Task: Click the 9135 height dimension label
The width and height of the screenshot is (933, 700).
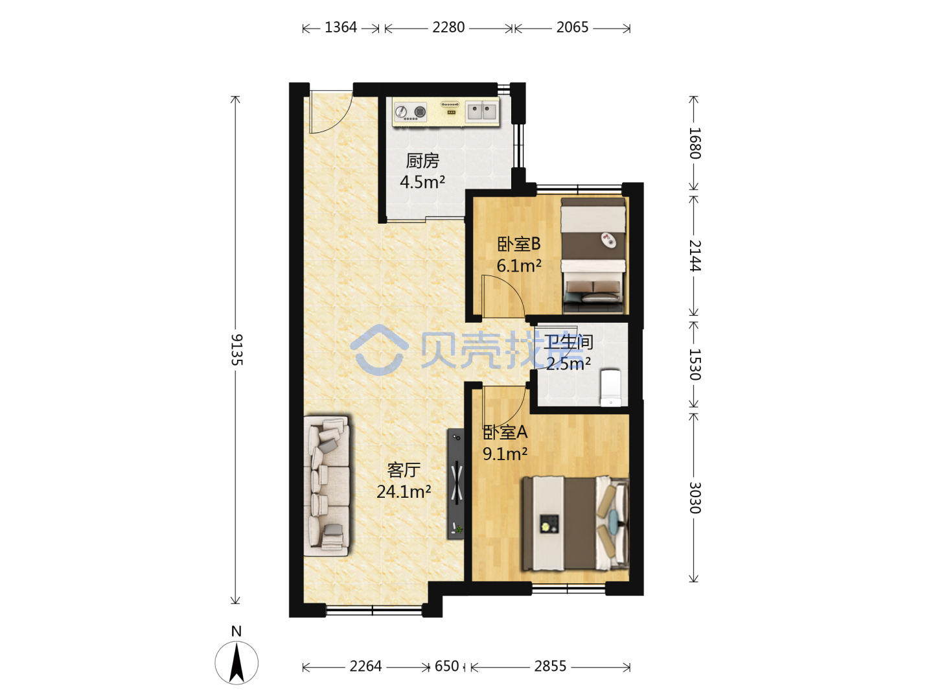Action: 236,349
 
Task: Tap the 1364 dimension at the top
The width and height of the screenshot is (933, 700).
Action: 340,27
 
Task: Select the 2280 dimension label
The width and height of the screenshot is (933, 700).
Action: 448,27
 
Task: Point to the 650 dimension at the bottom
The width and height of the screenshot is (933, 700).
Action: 446,666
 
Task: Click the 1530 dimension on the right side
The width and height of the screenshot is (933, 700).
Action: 694,364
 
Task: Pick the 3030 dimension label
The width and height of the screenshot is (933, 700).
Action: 694,498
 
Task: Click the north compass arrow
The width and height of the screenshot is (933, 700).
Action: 236,663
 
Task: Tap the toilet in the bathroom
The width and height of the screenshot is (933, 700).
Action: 611,388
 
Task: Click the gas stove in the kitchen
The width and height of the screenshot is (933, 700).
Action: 410,111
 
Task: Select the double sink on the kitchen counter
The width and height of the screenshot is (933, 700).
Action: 481,111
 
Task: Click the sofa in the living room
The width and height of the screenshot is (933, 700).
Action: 327,486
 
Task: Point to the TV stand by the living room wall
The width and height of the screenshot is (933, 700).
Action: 455,484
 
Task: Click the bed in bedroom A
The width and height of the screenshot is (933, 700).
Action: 575,524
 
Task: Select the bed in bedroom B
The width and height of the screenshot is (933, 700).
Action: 593,255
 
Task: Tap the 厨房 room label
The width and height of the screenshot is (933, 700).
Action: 422,161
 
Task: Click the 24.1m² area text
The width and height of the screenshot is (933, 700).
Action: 404,492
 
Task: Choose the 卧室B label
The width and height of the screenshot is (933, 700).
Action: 518,244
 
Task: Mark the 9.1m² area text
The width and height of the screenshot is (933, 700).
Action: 505,454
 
